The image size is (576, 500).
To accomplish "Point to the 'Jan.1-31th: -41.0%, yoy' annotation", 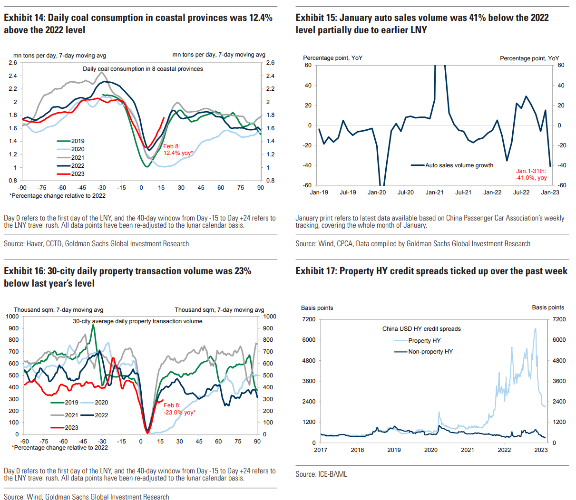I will pos(531,174).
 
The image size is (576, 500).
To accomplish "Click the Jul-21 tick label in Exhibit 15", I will pos(463,192).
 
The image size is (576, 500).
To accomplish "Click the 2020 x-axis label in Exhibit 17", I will pos(430,450).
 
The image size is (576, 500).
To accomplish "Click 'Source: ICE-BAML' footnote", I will pos(321,474).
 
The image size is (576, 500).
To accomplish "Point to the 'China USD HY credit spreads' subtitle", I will pos(421,329).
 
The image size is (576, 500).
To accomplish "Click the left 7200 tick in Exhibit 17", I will pos(309,319).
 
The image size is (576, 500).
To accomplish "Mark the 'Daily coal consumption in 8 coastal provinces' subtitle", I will pos(143,69).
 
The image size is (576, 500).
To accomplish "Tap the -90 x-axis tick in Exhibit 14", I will pos(22,188).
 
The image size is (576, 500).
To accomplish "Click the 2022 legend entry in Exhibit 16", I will pos(101,415).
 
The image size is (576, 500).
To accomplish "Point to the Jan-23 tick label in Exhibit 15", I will pos(550,192).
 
